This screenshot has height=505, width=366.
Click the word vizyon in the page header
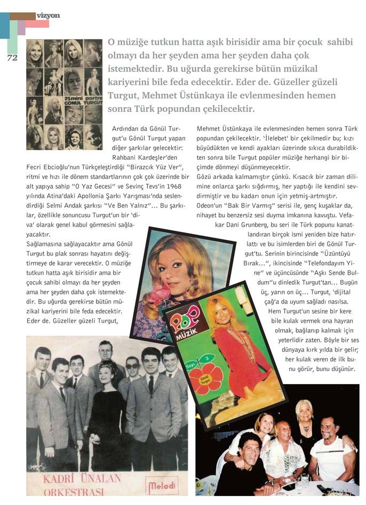49,15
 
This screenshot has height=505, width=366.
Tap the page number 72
12,57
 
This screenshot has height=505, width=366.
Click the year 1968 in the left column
181,185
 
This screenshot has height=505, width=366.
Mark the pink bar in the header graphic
37,24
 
